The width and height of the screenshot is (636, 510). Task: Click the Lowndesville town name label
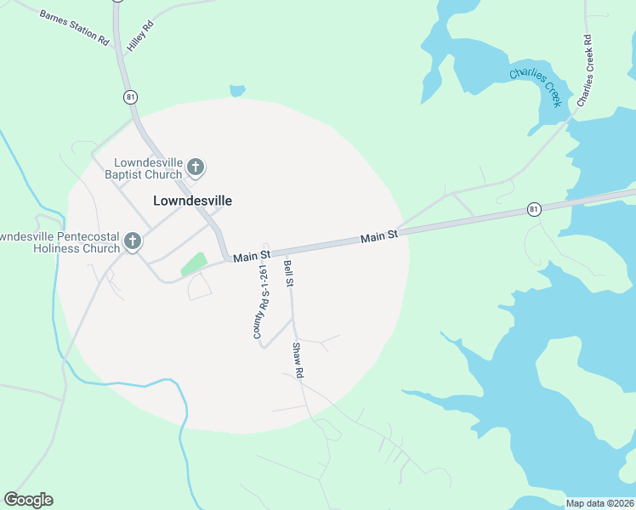[x=192, y=201]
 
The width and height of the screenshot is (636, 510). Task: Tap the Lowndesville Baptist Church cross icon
[x=196, y=167]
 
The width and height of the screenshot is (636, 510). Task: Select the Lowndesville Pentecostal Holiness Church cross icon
[x=132, y=242]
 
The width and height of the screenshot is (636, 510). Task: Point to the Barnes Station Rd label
[x=75, y=27]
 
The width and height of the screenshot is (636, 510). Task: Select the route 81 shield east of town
[x=533, y=209]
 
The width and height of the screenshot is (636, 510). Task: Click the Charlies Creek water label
[x=536, y=87]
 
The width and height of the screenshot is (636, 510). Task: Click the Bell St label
[x=288, y=273]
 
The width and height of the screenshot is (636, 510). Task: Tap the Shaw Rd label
[x=298, y=360]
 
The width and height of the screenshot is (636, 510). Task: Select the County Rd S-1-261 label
[x=261, y=302]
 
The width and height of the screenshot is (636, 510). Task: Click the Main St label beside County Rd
[x=252, y=255]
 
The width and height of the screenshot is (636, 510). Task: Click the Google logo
[x=28, y=500]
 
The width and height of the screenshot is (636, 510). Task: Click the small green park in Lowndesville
[x=194, y=263]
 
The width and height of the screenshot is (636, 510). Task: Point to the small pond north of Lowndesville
[x=237, y=90]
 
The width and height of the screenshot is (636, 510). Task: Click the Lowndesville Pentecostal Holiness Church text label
[x=60, y=242]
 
